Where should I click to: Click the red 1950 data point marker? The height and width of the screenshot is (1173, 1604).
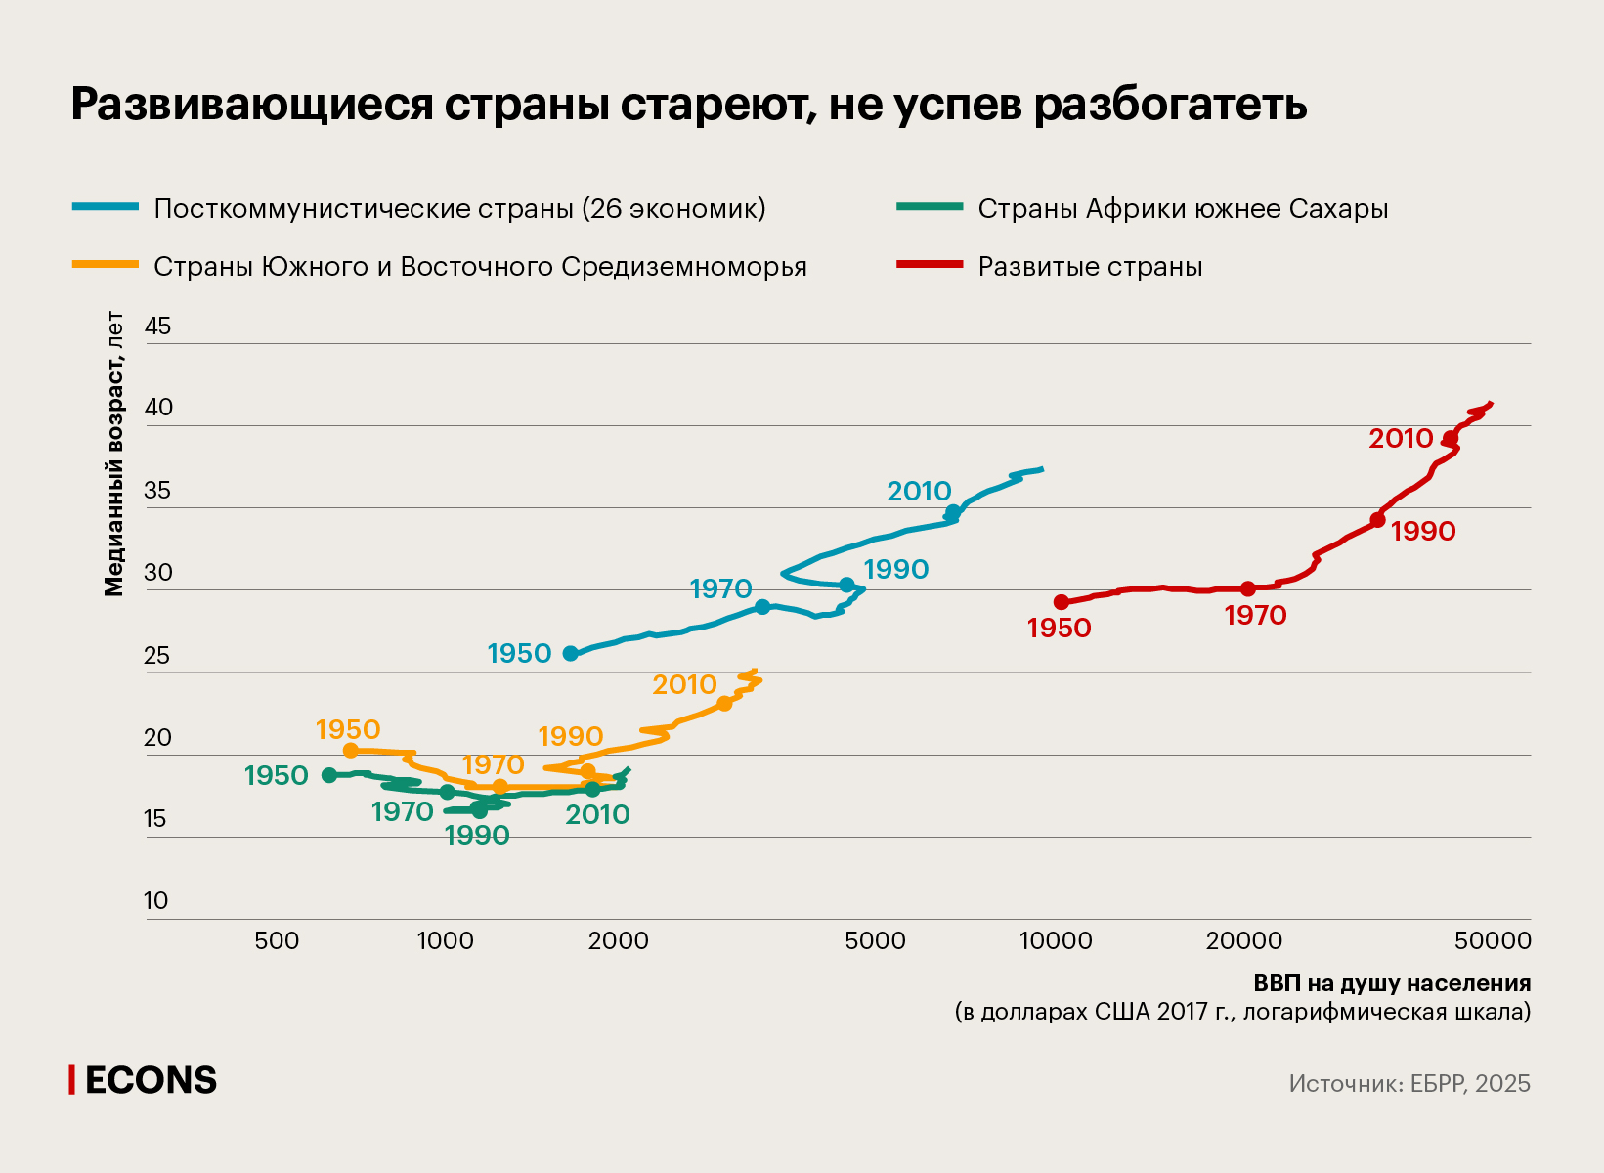[x=1062, y=602]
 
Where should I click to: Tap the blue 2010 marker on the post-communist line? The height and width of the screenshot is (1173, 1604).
[x=953, y=512]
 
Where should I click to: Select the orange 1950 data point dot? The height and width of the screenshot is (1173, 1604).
[x=351, y=751]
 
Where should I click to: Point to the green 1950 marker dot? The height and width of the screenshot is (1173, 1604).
[x=329, y=775]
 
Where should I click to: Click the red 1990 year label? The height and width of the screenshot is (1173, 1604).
[x=1423, y=532]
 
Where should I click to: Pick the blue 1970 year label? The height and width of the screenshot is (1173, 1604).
[x=720, y=589]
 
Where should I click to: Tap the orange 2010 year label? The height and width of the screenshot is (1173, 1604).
[x=684, y=685]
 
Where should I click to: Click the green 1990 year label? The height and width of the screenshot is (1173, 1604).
[x=477, y=836]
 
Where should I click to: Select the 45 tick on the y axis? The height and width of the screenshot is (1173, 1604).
[x=157, y=326]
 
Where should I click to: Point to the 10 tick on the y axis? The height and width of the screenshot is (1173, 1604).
[x=156, y=901]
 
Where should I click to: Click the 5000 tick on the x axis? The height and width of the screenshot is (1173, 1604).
[x=875, y=941]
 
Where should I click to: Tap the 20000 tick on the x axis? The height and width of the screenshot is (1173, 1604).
[x=1243, y=941]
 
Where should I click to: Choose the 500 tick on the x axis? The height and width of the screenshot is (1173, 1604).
[x=277, y=941]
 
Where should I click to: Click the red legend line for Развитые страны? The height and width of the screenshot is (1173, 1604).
[x=930, y=265]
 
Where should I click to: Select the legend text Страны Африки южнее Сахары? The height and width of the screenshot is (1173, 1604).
[x=1183, y=209]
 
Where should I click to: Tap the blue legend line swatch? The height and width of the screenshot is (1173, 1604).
[x=106, y=207]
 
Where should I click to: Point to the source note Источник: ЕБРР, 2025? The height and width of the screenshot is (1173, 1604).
[x=1409, y=1084]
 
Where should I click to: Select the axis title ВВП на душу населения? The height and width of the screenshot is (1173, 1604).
[x=1392, y=983]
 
